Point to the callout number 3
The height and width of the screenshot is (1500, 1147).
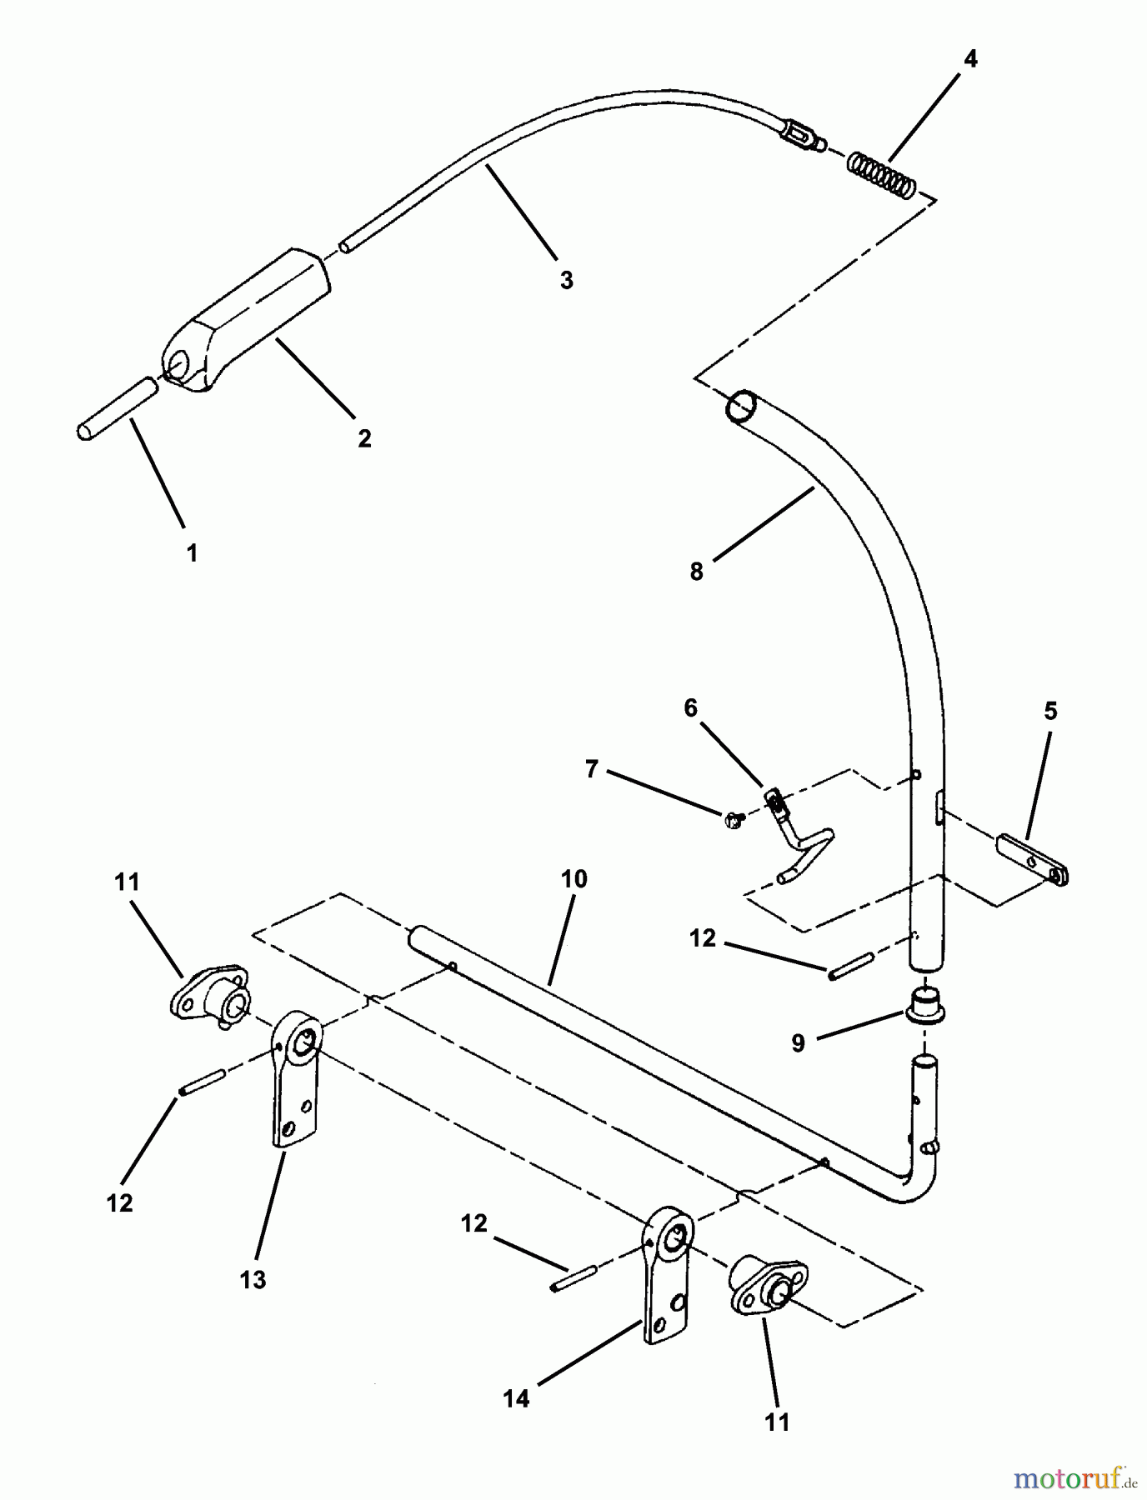tap(567, 280)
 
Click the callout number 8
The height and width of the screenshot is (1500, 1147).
tap(697, 572)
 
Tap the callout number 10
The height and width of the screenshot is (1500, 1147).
tap(574, 879)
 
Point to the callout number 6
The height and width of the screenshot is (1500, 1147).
tap(690, 708)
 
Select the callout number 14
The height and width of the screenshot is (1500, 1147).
tap(516, 1398)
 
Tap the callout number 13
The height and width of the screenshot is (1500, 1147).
tap(253, 1280)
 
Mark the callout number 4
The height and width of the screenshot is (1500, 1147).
tap(970, 59)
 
